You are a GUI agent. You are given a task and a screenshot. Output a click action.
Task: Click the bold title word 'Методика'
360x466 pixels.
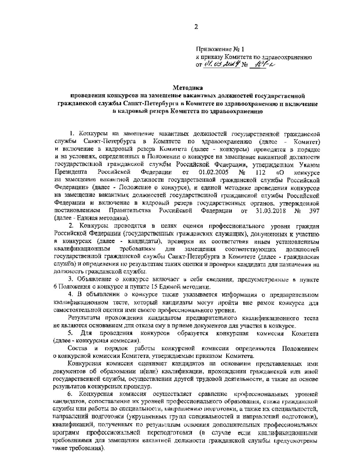(188, 88)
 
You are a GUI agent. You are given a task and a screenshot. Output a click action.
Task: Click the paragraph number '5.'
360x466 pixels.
(71, 334)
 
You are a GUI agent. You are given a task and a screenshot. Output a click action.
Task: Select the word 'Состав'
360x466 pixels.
(77, 349)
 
